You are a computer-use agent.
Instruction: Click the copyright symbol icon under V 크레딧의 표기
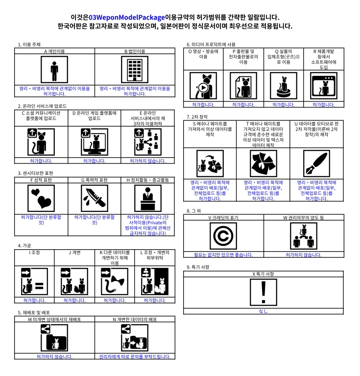pos(223,236)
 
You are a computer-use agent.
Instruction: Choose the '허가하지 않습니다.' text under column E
pos(147,161)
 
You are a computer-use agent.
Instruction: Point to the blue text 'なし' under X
pos(264,311)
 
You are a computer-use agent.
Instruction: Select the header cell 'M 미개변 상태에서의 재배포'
pos(54,319)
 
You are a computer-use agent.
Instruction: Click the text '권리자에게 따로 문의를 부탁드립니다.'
pos(134,356)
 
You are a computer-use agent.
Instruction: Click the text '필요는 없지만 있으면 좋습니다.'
pos(223,255)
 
